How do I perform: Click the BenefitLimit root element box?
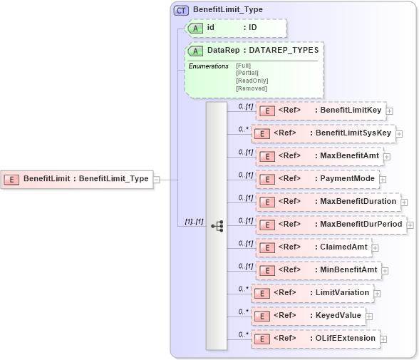coord(78,179)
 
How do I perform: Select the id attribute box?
coord(236,28)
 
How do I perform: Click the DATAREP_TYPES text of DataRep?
coord(284,51)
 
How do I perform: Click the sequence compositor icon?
coord(217,226)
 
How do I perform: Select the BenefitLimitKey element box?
coord(321,110)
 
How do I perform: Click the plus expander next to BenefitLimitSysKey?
coord(399,134)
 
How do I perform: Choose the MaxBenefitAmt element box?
coord(319,156)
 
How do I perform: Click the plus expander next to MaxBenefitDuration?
coord(404,202)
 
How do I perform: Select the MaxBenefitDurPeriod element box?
coord(331,225)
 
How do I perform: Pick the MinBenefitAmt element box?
coord(318,270)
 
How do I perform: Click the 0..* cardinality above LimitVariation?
coord(242,288)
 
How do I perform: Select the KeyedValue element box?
coord(309,316)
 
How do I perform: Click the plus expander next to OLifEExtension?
coord(383,339)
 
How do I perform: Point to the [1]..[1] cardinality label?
coord(194,222)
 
